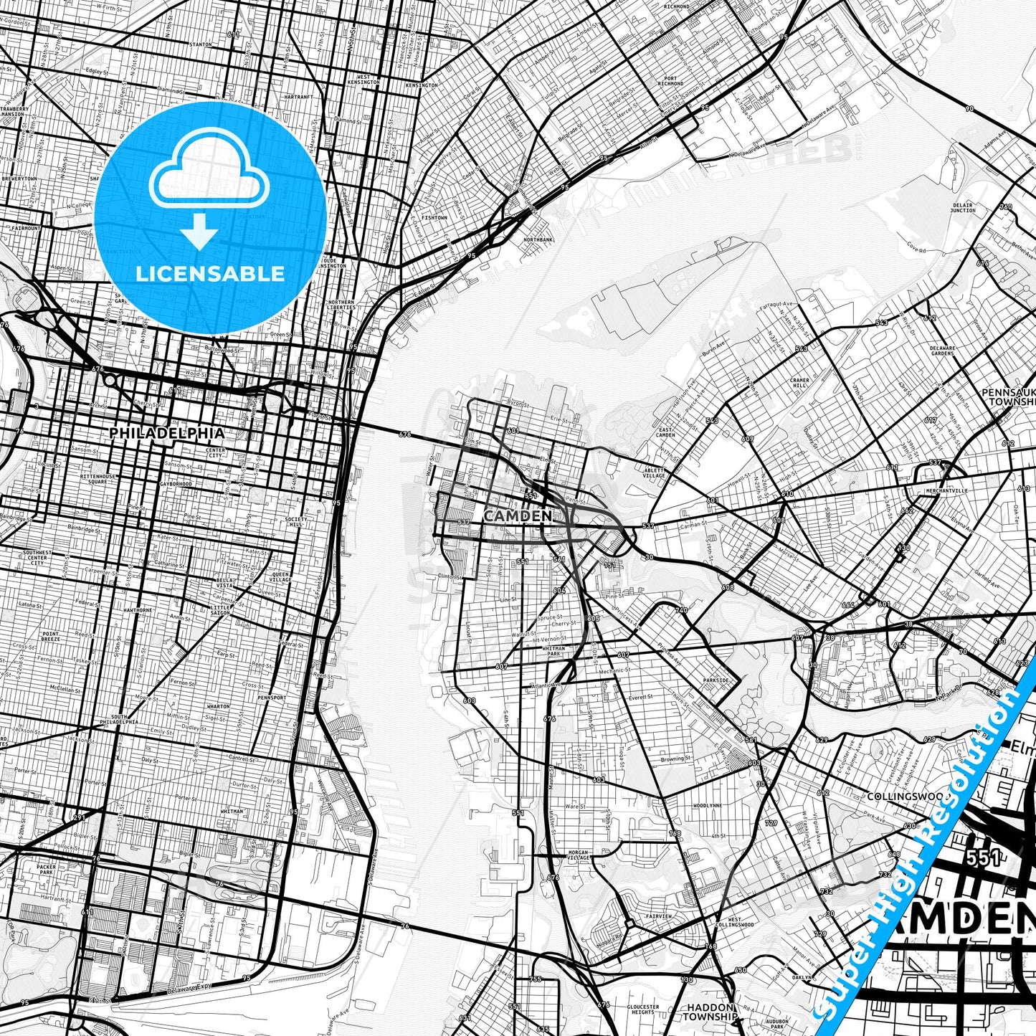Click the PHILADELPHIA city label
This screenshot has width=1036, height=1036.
click(x=166, y=433)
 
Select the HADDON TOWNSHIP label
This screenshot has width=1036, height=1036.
click(x=709, y=1011)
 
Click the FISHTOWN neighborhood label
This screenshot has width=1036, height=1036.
click(x=434, y=217)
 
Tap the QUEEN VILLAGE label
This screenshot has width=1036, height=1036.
click(x=280, y=576)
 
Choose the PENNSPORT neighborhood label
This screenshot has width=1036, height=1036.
click(x=272, y=697)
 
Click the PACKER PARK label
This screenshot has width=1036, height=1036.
click(x=46, y=870)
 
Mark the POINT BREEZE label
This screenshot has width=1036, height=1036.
click(x=51, y=636)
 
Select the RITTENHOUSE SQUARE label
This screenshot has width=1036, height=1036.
click(x=97, y=479)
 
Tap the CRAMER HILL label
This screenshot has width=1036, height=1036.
click(x=799, y=383)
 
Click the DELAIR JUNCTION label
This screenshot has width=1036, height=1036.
click(x=962, y=208)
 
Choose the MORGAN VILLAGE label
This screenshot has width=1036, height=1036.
click(x=577, y=855)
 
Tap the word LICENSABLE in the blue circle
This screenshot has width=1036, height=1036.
click(x=210, y=273)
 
